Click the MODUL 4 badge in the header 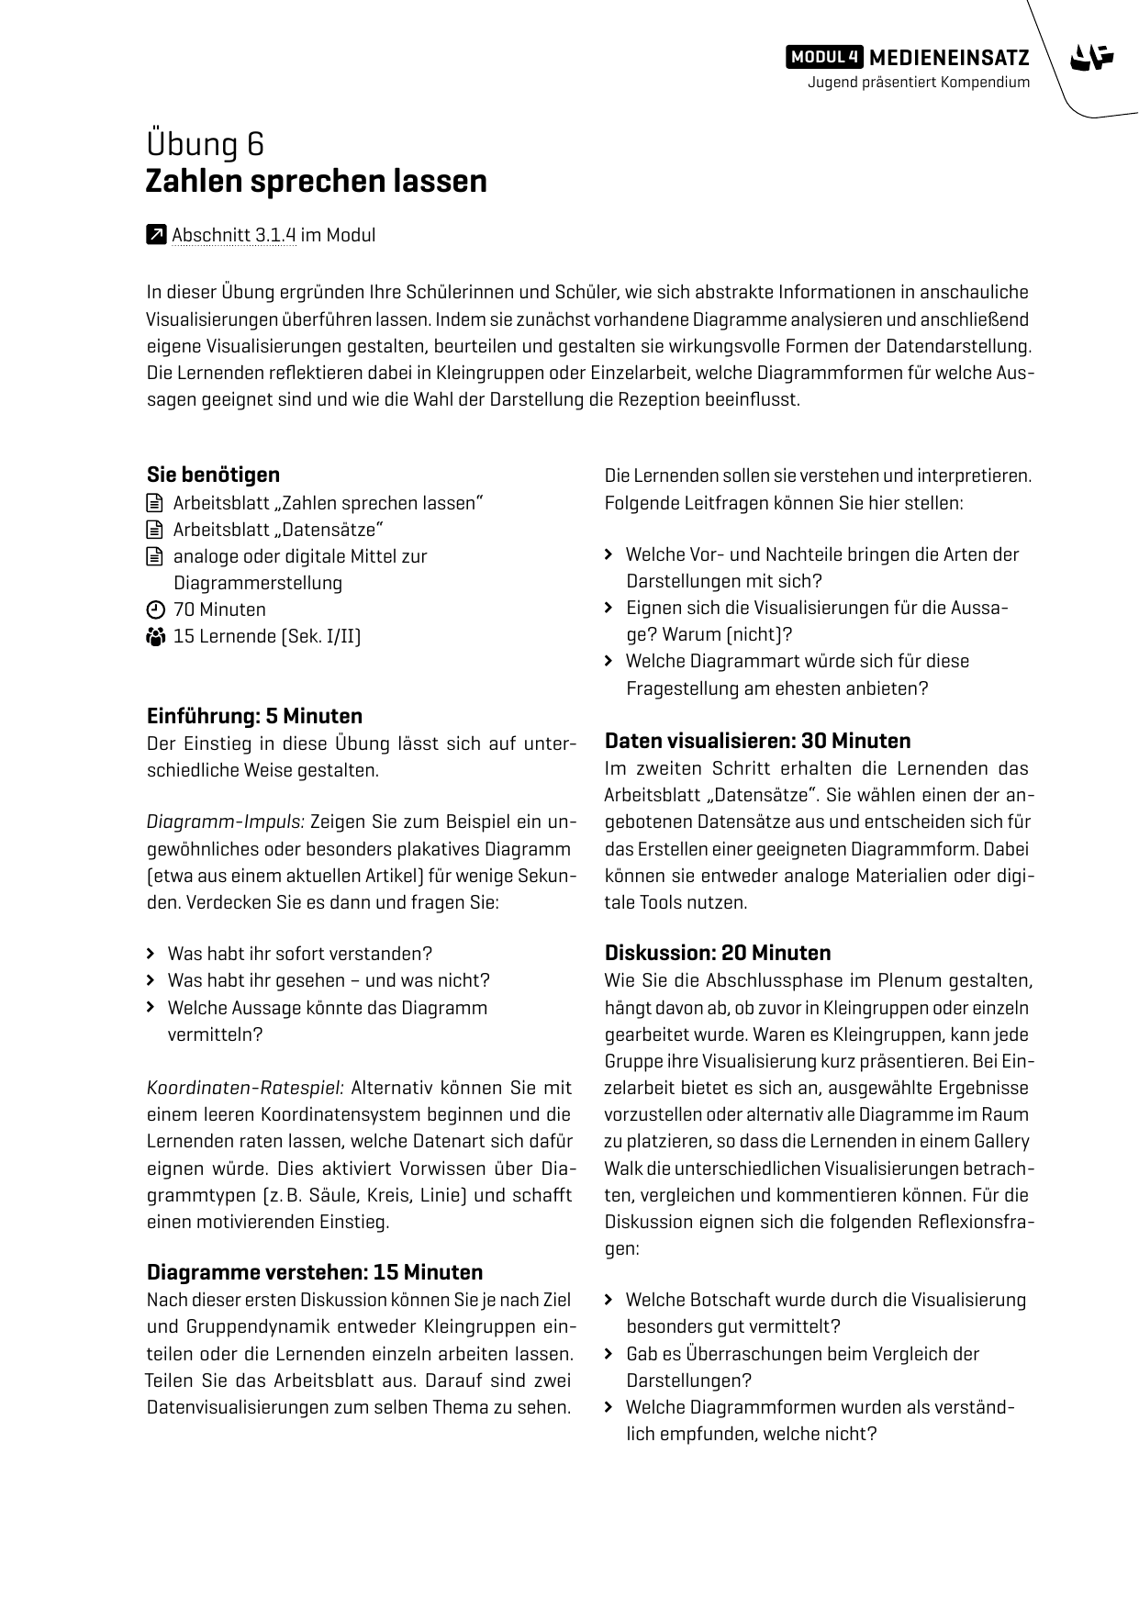(x=824, y=57)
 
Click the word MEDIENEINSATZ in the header (x=949, y=58)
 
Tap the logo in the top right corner (x=1091, y=59)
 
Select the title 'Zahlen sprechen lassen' (x=316, y=181)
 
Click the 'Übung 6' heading (x=205, y=144)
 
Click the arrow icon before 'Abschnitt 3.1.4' (x=156, y=235)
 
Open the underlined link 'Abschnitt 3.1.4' (x=233, y=235)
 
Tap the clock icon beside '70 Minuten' (x=155, y=610)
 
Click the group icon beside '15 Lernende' (x=155, y=636)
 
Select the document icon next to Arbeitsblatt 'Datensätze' (x=153, y=530)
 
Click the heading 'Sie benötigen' (x=213, y=475)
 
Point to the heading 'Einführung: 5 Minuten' (x=254, y=716)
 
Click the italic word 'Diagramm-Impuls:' (x=225, y=822)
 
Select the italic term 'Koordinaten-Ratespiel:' (x=245, y=1088)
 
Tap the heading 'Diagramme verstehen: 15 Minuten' (x=314, y=1272)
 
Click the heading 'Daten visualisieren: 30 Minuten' (x=757, y=741)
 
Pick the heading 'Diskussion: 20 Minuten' (x=717, y=953)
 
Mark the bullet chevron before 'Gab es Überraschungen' (x=609, y=1354)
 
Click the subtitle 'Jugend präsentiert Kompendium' (x=918, y=83)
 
